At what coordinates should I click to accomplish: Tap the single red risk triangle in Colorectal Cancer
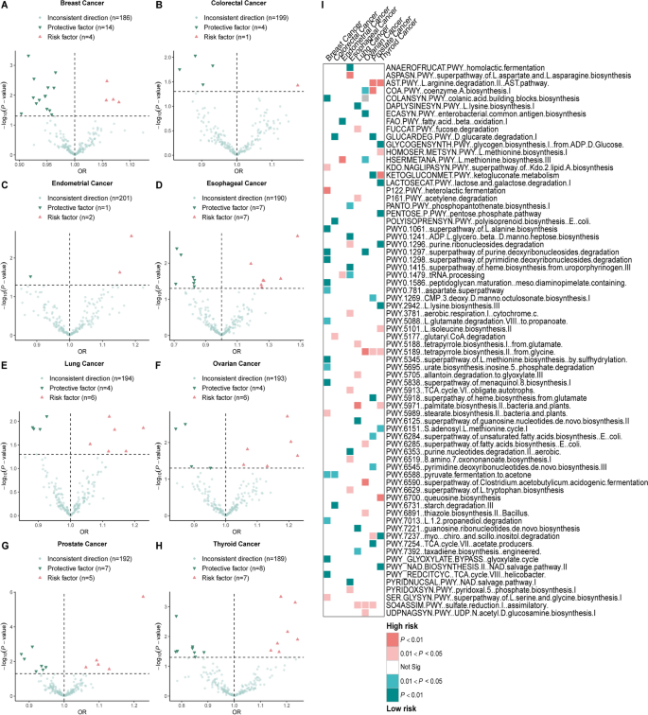297,85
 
